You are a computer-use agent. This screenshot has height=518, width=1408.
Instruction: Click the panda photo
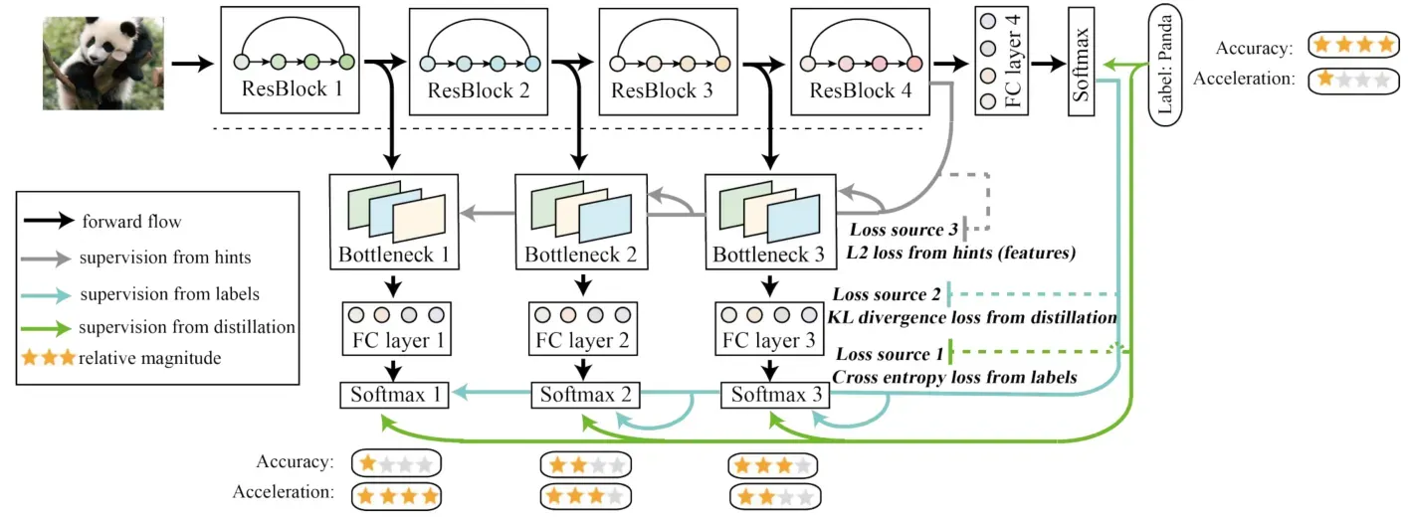(x=103, y=64)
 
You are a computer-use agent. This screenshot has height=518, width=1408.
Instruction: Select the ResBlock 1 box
(x=290, y=61)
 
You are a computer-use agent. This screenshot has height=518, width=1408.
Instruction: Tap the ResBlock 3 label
(x=662, y=91)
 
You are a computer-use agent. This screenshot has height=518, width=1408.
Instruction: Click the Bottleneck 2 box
(x=581, y=222)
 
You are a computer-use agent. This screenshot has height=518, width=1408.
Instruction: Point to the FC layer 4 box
(x=1001, y=61)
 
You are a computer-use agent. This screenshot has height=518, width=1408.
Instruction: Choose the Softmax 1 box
(x=395, y=395)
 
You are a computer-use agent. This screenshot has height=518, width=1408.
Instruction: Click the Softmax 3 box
(x=774, y=395)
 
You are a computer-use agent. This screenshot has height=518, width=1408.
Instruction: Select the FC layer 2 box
(x=583, y=329)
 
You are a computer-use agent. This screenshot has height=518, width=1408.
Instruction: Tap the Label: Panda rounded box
(x=1165, y=65)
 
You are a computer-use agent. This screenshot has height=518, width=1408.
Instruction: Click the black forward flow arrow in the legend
(x=49, y=221)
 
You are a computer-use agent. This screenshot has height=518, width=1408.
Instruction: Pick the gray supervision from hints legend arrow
(x=45, y=259)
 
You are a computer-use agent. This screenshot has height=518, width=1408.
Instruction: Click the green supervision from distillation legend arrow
(x=45, y=328)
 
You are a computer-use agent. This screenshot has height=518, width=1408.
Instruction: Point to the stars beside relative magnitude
(x=49, y=358)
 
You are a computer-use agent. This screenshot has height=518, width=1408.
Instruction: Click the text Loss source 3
(x=904, y=230)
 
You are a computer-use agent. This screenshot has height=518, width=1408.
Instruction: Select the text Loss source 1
(x=890, y=354)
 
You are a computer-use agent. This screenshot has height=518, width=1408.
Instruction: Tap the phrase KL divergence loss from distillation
(x=972, y=317)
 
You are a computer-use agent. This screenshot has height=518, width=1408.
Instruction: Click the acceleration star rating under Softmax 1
(x=396, y=497)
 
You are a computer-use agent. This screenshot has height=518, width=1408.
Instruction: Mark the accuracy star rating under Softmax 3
(x=773, y=465)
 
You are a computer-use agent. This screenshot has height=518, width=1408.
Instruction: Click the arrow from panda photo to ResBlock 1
(x=192, y=64)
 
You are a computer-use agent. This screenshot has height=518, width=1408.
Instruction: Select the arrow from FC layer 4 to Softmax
(x=1048, y=64)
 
